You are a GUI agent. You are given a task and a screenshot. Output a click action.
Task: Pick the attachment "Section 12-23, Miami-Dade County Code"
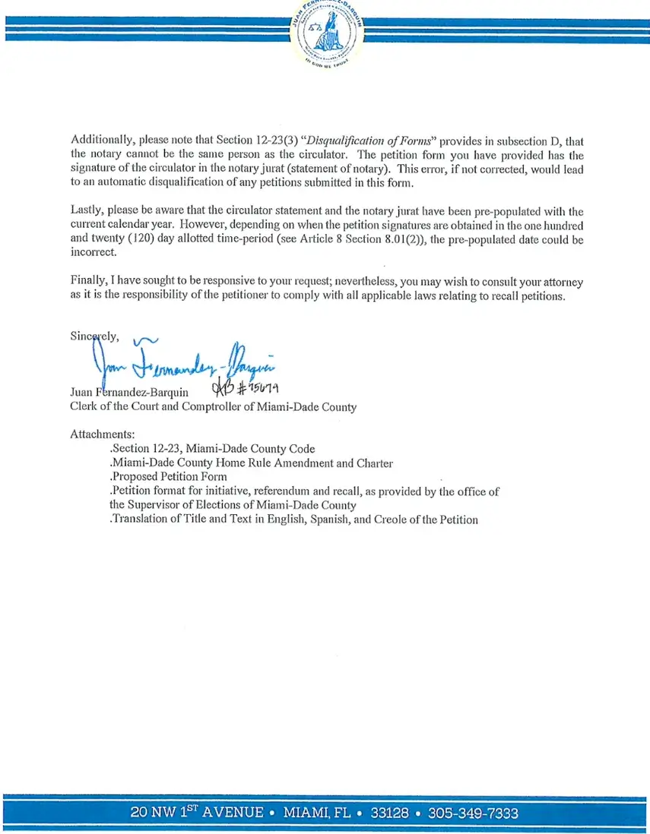tap(212, 449)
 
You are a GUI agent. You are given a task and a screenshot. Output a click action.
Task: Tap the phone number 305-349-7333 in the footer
tap(473, 813)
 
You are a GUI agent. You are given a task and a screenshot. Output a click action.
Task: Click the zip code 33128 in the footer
tap(389, 813)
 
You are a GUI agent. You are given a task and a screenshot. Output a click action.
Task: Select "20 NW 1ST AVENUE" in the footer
tap(197, 812)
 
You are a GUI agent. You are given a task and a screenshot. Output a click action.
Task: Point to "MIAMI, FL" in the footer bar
tap(317, 813)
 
